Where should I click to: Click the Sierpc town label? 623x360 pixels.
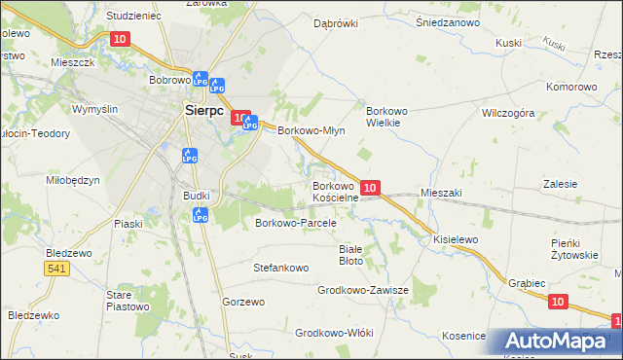click(206, 110)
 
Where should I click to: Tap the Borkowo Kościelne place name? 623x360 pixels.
click(336, 192)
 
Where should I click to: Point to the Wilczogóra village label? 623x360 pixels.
click(509, 113)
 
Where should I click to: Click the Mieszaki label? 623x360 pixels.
click(441, 194)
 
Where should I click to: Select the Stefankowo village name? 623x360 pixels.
click(281, 267)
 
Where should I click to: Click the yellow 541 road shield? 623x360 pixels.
click(57, 268)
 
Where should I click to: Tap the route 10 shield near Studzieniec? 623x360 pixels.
click(120, 39)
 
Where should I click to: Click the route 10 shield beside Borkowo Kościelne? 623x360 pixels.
click(370, 186)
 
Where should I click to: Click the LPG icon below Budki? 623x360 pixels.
click(201, 216)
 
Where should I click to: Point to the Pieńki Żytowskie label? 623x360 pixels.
click(573, 248)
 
